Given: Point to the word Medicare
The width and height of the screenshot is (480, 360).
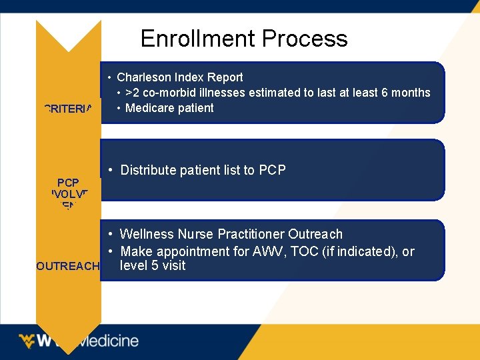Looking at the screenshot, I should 149,108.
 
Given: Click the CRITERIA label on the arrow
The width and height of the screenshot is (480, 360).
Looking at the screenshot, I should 68,109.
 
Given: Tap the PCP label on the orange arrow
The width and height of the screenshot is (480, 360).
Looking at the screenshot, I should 68,182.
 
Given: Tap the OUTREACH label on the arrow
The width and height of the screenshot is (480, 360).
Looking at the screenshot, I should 68,266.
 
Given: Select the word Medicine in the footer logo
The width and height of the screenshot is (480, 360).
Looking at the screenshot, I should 108,341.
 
